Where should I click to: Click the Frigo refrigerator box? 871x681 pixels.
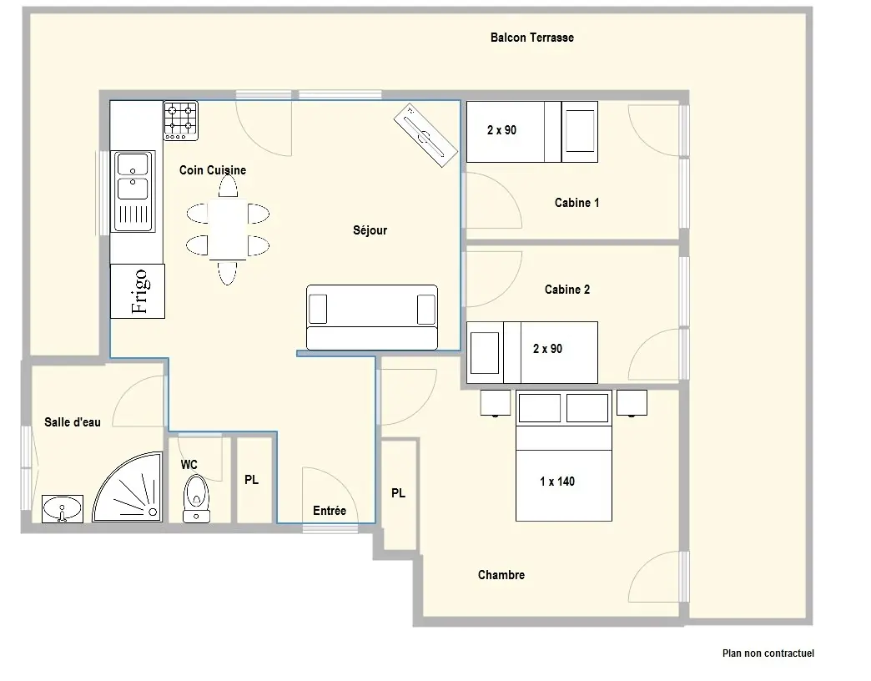137,291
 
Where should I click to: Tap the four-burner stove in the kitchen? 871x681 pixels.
180,120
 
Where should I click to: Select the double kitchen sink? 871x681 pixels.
133,191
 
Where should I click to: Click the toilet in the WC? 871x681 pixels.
196,498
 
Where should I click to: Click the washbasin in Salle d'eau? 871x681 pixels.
63,509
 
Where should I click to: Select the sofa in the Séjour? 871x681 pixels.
372,318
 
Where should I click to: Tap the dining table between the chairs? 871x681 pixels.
228,230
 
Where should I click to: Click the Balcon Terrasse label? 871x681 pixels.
532,38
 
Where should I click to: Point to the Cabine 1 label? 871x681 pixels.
576,203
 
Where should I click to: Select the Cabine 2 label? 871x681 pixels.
567,290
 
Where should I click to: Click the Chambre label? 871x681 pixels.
501,575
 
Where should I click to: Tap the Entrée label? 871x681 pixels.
330,511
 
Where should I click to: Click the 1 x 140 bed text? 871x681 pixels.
557,482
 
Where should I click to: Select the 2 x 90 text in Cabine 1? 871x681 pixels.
501,130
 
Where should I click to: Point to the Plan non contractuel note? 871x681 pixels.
768,653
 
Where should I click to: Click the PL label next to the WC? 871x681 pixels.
252,479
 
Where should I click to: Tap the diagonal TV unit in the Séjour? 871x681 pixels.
426,135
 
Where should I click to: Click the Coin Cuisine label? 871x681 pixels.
212,170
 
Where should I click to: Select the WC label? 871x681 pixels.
189,464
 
